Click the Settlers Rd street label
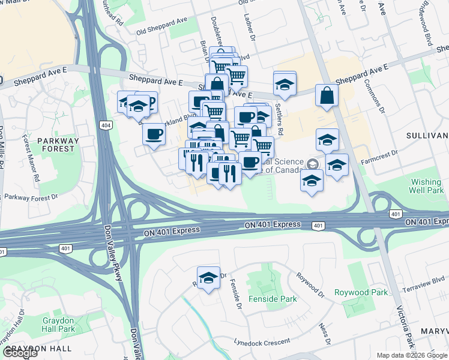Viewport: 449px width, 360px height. pyautogui.click(x=279, y=111)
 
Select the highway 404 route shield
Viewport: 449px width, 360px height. pyautogui.click(x=106, y=125)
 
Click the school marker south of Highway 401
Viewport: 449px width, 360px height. pyautogui.click(x=208, y=278)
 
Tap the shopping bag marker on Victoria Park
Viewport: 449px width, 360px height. pyautogui.click(x=327, y=95)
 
